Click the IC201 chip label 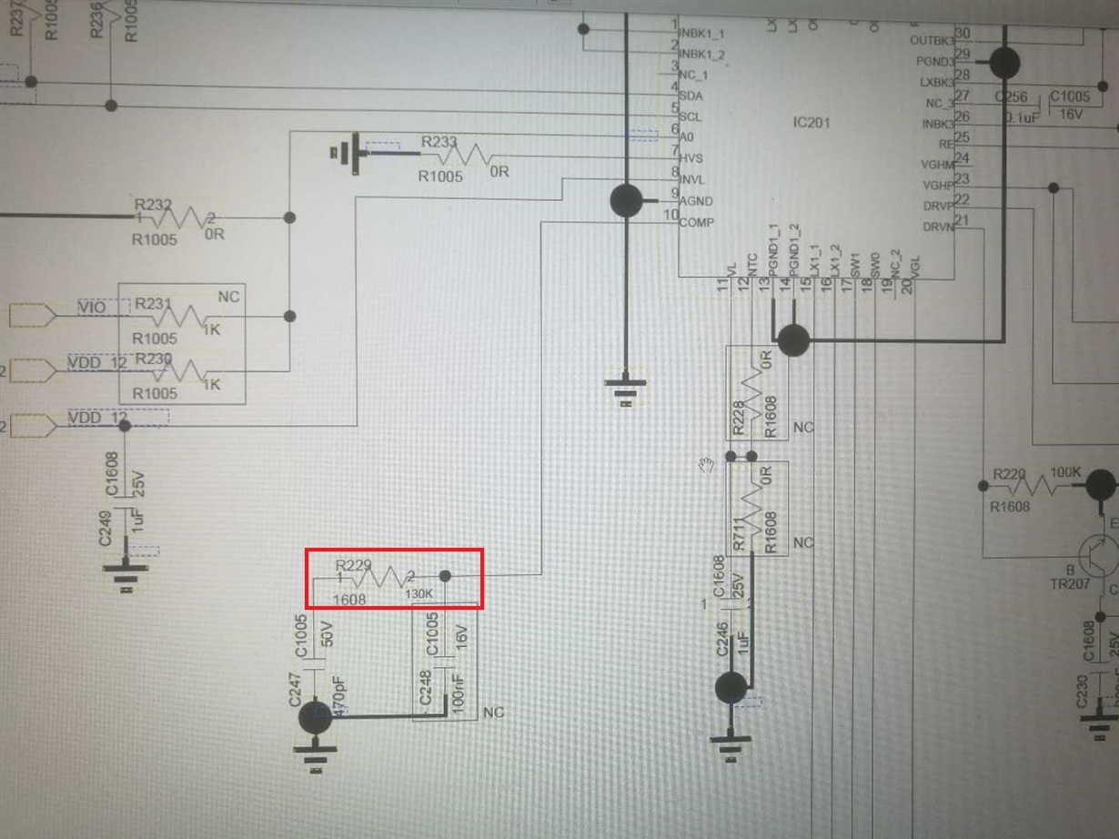click(x=812, y=123)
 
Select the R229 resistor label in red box click(x=354, y=566)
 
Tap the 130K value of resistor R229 click(x=419, y=594)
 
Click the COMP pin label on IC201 click(x=696, y=223)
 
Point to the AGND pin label click(x=696, y=201)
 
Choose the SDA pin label click(x=691, y=96)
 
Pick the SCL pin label click(x=691, y=117)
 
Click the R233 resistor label click(x=439, y=142)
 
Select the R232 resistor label click(x=153, y=206)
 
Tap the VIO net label click(x=91, y=308)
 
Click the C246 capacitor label click(x=721, y=639)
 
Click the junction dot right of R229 click(x=446, y=576)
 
